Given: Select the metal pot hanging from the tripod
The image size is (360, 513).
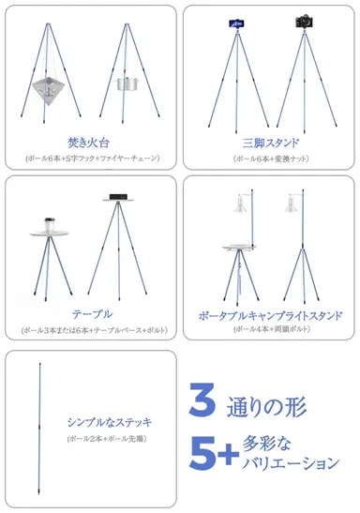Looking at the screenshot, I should click(x=127, y=84).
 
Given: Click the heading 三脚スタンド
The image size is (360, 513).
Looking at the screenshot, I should click(x=270, y=143).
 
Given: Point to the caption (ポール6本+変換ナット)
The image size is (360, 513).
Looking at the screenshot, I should click(x=270, y=158).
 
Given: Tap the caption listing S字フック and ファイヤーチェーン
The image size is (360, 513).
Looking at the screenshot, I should click(x=89, y=158).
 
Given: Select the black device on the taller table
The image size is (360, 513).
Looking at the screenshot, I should click(x=117, y=197).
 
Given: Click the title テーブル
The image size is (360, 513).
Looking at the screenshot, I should click(x=91, y=314).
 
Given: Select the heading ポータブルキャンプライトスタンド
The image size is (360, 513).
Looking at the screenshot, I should click(x=270, y=315).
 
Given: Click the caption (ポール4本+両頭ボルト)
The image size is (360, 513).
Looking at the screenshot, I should click(x=270, y=330).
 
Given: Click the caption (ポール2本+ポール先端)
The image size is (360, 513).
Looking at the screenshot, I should click(x=106, y=439).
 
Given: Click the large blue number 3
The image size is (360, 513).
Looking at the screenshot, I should click(x=202, y=400).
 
